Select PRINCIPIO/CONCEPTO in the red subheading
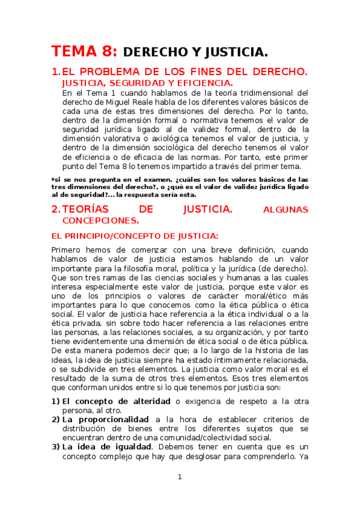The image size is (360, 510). [118, 236]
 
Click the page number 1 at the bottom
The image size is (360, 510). [179, 477]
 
